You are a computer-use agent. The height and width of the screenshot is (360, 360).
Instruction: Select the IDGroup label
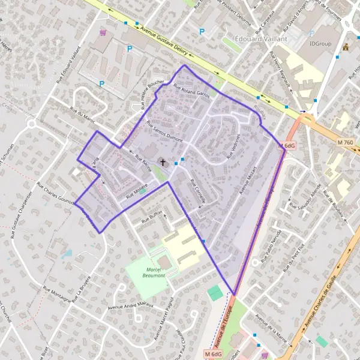(320, 43)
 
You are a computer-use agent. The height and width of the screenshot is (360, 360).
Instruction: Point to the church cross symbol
(162, 162)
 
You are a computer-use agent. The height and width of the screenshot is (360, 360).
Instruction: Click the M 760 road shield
(345, 142)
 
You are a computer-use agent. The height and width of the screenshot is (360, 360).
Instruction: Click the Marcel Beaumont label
(147, 271)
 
